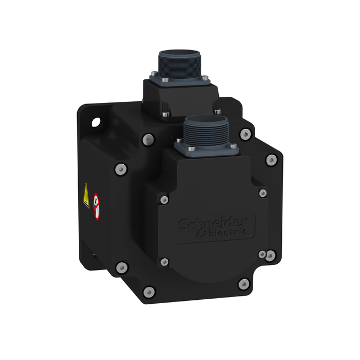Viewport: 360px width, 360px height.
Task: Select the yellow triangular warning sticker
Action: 86,195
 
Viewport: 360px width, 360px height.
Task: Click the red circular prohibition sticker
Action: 97,206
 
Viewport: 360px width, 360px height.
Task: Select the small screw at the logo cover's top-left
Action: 164,200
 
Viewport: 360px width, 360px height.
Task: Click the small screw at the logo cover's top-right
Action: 262,193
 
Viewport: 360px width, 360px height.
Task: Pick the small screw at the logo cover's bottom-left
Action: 164,262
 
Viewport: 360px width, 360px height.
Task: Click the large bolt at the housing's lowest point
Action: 149,291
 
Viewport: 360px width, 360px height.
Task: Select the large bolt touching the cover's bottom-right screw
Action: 271,256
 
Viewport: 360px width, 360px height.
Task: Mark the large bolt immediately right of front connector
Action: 245,134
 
